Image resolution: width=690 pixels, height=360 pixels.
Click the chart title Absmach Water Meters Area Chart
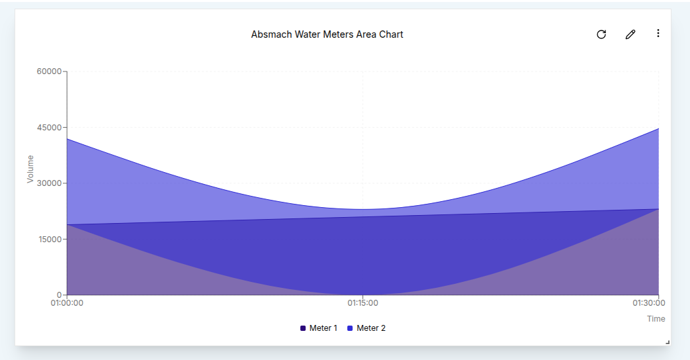point(327,34)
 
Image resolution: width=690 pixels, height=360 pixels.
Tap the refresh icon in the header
point(601,34)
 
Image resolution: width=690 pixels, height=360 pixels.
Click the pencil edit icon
point(630,34)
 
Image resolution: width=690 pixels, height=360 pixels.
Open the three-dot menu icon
point(658,34)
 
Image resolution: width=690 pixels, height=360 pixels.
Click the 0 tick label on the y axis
point(59,295)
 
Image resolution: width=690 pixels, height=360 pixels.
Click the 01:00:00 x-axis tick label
point(67,303)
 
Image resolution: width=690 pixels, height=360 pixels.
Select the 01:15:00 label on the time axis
point(363,303)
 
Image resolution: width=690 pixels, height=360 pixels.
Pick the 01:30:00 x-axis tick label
point(649,303)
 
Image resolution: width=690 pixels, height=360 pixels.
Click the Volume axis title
point(30,169)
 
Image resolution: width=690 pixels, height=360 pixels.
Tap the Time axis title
point(656,319)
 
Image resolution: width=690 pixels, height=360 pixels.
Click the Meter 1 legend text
point(323,328)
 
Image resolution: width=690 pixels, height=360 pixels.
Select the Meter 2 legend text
point(370,328)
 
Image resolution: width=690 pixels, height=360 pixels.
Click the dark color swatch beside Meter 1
point(303,328)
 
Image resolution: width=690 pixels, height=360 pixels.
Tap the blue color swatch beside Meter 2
point(350,328)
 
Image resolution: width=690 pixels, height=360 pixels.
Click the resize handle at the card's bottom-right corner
point(667,342)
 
